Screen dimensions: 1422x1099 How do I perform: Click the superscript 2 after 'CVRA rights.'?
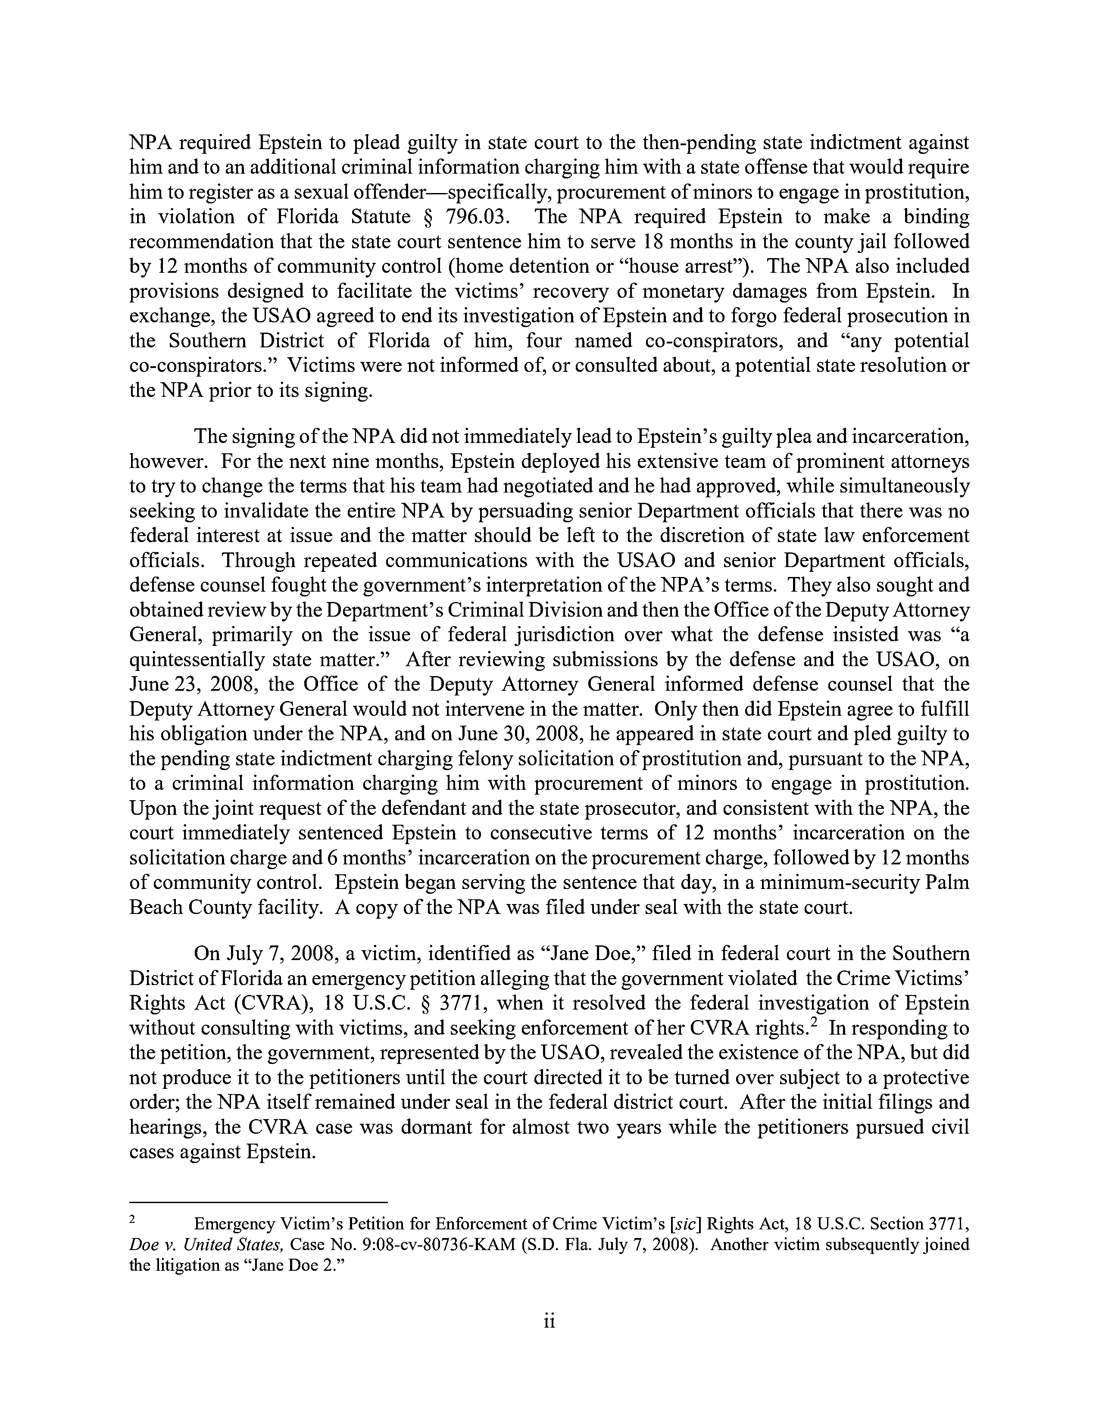[x=814, y=1022]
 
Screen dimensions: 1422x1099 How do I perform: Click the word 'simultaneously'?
[x=905, y=486]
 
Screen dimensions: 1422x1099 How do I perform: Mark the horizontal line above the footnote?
[x=259, y=1202]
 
